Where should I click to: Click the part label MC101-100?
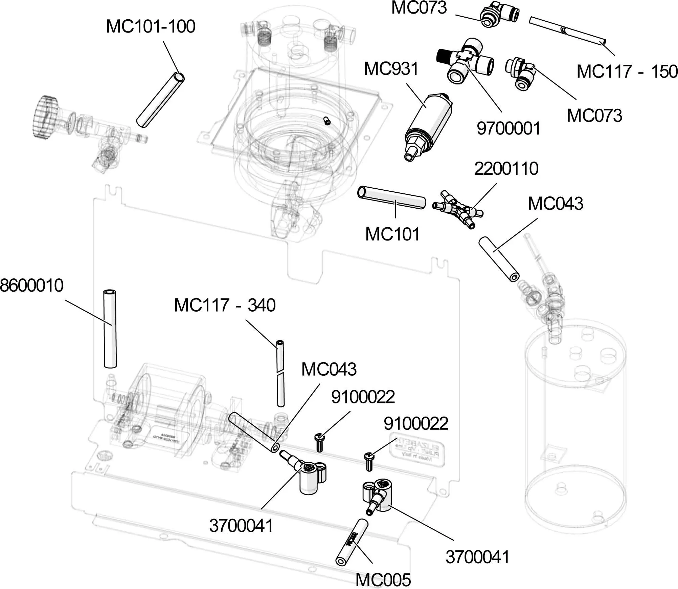click(x=151, y=26)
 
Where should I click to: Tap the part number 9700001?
click(x=508, y=129)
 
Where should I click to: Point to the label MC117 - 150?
click(x=627, y=72)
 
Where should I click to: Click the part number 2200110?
click(x=506, y=169)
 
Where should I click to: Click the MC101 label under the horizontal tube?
click(x=392, y=234)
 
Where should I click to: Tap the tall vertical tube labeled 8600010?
click(x=110, y=329)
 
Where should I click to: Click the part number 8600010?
click(x=31, y=286)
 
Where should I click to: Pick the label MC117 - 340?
click(x=225, y=305)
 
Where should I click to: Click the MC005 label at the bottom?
click(x=383, y=580)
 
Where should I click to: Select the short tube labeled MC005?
click(x=352, y=542)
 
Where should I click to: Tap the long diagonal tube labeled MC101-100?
click(x=160, y=100)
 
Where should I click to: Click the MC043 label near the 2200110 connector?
click(x=556, y=204)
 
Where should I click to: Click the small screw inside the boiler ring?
click(x=327, y=121)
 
